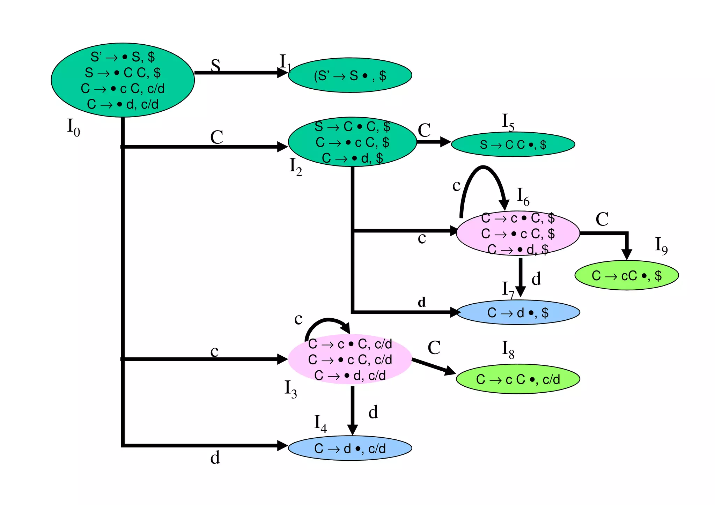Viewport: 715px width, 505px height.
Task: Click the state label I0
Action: (x=73, y=127)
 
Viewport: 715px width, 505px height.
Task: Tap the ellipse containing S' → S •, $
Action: (x=350, y=75)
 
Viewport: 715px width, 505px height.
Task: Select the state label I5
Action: (x=508, y=122)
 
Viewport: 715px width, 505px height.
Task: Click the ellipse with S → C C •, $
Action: (x=513, y=144)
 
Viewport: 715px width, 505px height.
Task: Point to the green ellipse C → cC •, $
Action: (x=626, y=275)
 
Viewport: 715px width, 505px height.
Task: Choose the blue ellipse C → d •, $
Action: (x=518, y=312)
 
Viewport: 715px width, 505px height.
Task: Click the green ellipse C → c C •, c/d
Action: (x=518, y=379)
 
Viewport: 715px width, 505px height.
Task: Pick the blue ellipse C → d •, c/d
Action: (x=350, y=448)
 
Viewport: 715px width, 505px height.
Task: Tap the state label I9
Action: (x=661, y=246)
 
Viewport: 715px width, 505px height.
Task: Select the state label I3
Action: (x=291, y=389)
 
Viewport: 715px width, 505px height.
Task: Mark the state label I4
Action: (x=320, y=424)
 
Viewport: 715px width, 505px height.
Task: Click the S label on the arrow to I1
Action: (x=216, y=65)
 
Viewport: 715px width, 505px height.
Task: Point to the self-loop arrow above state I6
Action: (x=484, y=171)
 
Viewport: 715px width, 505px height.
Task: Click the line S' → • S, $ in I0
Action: (x=123, y=57)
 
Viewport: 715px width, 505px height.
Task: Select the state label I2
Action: (x=296, y=167)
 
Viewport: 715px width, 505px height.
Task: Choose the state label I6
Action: (x=523, y=196)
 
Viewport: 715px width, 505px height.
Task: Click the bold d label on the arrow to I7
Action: (x=422, y=302)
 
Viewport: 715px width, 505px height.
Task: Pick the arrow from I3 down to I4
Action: (x=352, y=410)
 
